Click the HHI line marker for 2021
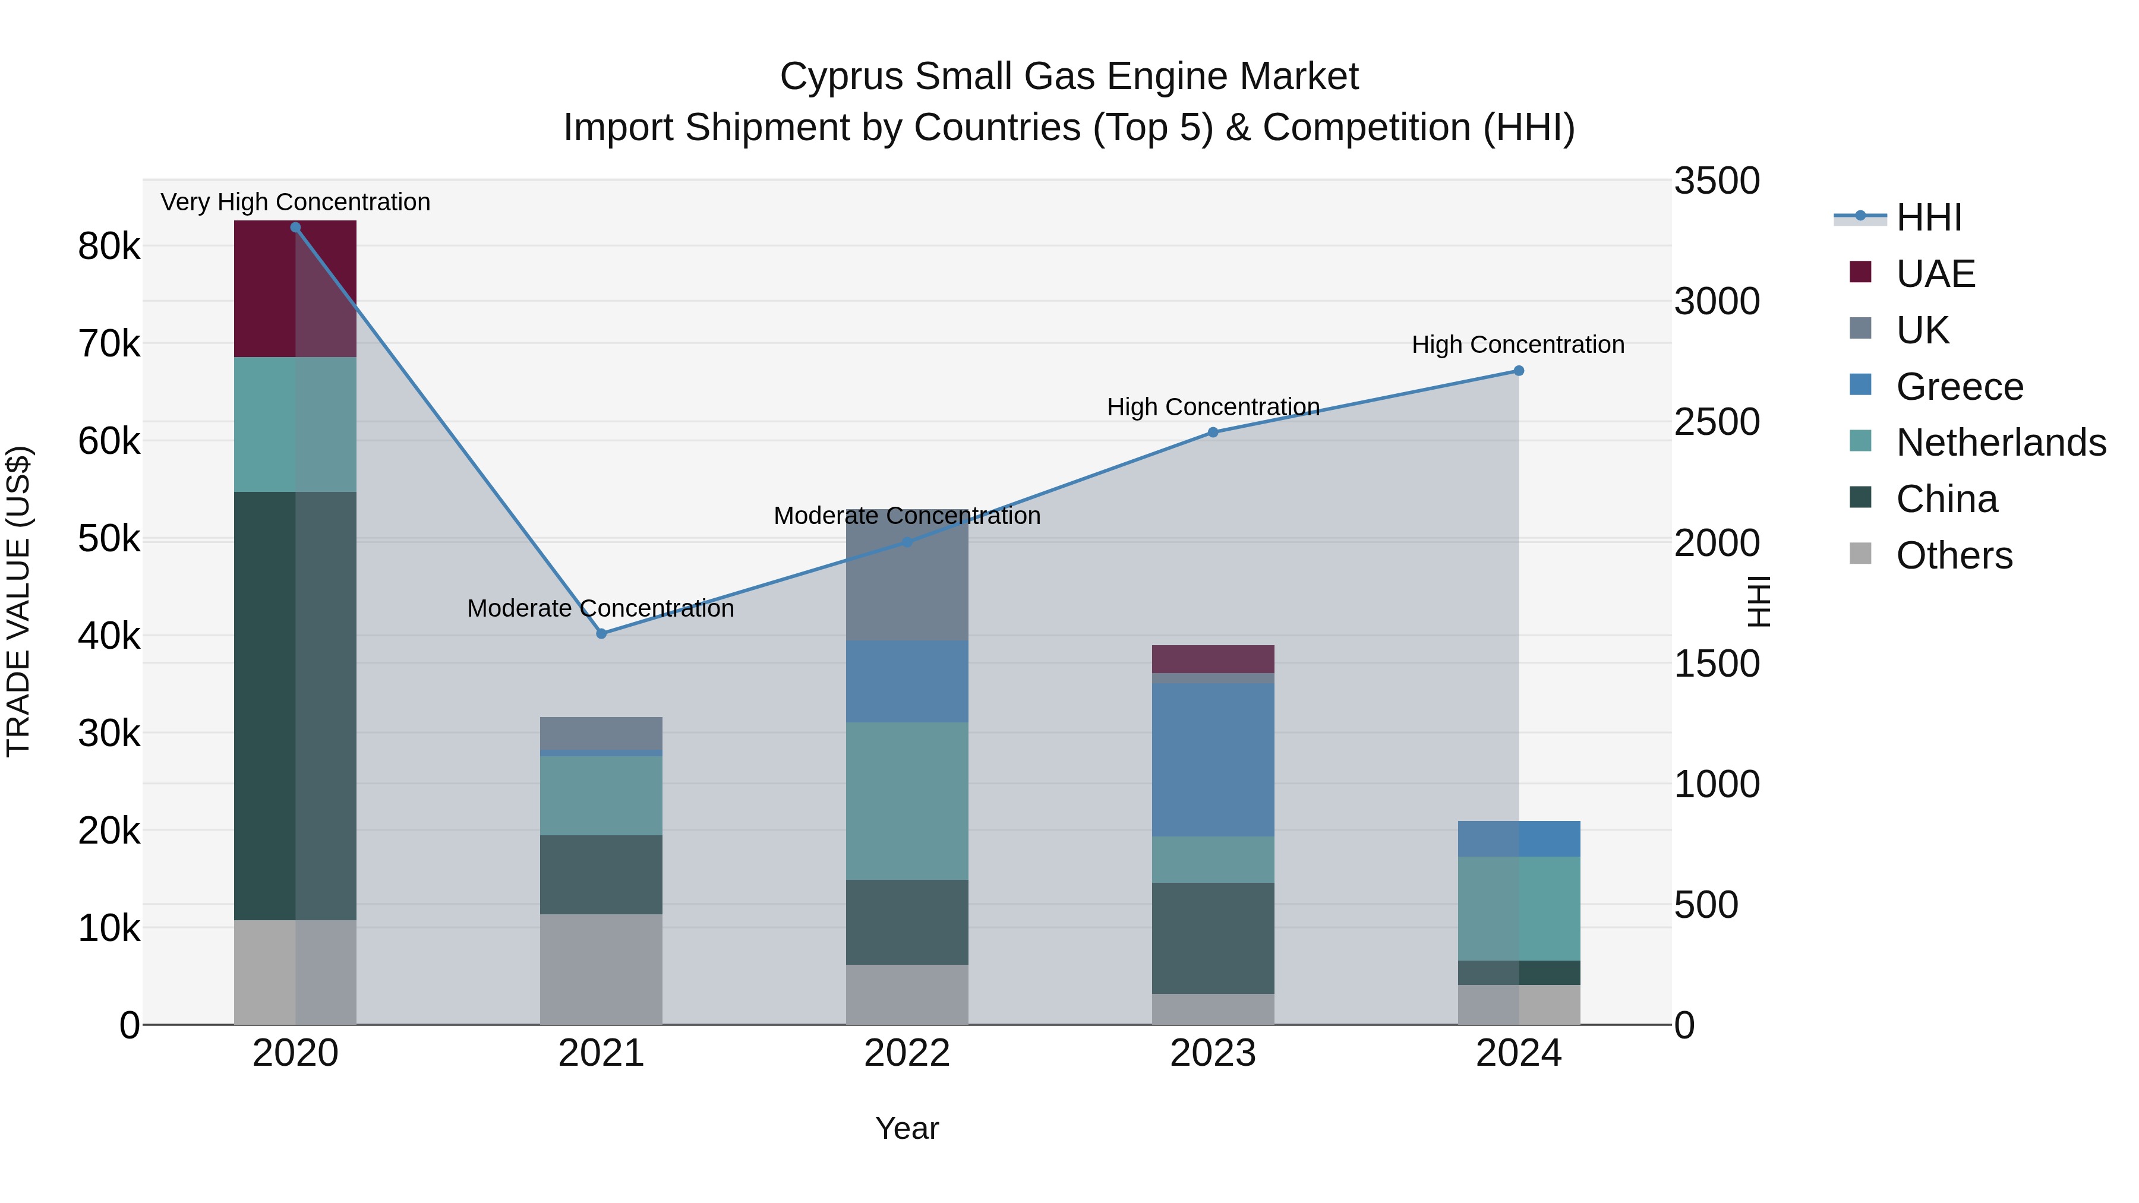pyautogui.click(x=601, y=633)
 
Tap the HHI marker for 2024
pyautogui.click(x=1519, y=371)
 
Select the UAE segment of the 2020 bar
pyautogui.click(x=295, y=289)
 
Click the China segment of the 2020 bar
pyautogui.click(x=295, y=706)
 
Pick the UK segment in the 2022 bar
pyautogui.click(x=907, y=575)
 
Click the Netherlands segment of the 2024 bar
pyautogui.click(x=1519, y=908)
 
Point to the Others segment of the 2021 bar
pyautogui.click(x=601, y=969)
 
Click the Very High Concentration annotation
pyautogui.click(x=295, y=203)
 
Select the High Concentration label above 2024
pyautogui.click(x=1518, y=345)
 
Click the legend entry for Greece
pyautogui.click(x=1960, y=387)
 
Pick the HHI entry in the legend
pyautogui.click(x=1929, y=217)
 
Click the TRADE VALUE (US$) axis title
pyautogui.click(x=19, y=601)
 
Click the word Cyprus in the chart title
pyautogui.click(x=842, y=77)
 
